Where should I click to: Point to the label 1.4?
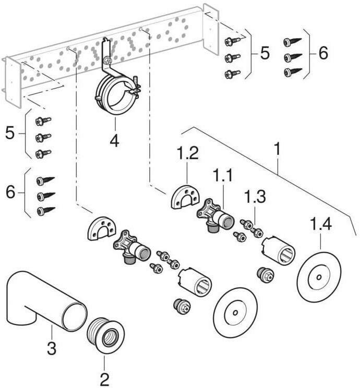click(x=320, y=225)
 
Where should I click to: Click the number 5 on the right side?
click(x=265, y=53)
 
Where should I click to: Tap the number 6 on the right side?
click(x=323, y=53)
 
